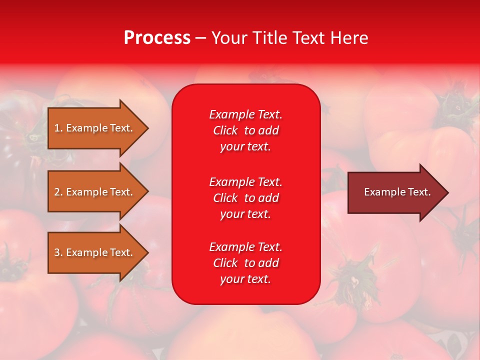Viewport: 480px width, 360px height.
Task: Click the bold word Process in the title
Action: pyautogui.click(x=157, y=38)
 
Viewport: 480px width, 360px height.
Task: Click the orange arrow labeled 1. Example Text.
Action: pyautogui.click(x=95, y=128)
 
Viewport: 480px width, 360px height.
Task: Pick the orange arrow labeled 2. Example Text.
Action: pyautogui.click(x=95, y=192)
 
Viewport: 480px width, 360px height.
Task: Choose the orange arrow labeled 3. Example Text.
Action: pyautogui.click(x=95, y=252)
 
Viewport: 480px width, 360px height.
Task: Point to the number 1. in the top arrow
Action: pyautogui.click(x=58, y=128)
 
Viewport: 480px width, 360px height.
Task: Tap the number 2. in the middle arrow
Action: pyautogui.click(x=58, y=192)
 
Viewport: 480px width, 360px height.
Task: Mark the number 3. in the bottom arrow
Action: pyautogui.click(x=58, y=252)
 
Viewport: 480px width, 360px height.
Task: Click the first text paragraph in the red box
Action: pyautogui.click(x=245, y=130)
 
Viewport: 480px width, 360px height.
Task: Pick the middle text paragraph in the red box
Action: pyautogui.click(x=245, y=198)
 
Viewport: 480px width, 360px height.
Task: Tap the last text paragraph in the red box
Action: pyautogui.click(x=245, y=263)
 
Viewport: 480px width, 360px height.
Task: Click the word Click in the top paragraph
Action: pyautogui.click(x=225, y=130)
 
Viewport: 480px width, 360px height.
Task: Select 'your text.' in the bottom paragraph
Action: pyautogui.click(x=245, y=279)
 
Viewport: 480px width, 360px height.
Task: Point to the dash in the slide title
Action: pyautogui.click(x=201, y=38)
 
